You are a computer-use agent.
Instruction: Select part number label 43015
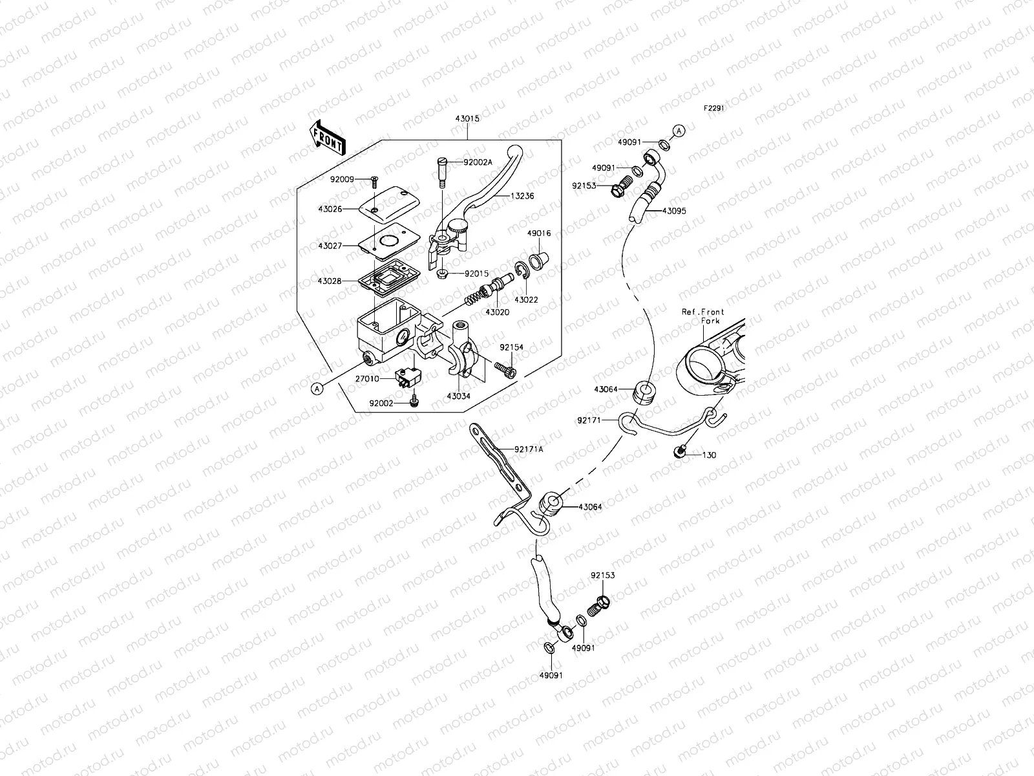[467, 119]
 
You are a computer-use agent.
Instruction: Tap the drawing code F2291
[714, 109]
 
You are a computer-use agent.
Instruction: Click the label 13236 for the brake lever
[523, 195]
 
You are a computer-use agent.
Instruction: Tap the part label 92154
[511, 347]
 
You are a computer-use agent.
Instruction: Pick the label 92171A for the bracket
[529, 449]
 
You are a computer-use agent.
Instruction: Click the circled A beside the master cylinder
[317, 388]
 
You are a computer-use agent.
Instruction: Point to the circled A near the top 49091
[679, 131]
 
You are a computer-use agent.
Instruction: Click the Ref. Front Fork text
[703, 316]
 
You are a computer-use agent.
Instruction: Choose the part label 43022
[526, 300]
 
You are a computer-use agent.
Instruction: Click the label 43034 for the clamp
[458, 396]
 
